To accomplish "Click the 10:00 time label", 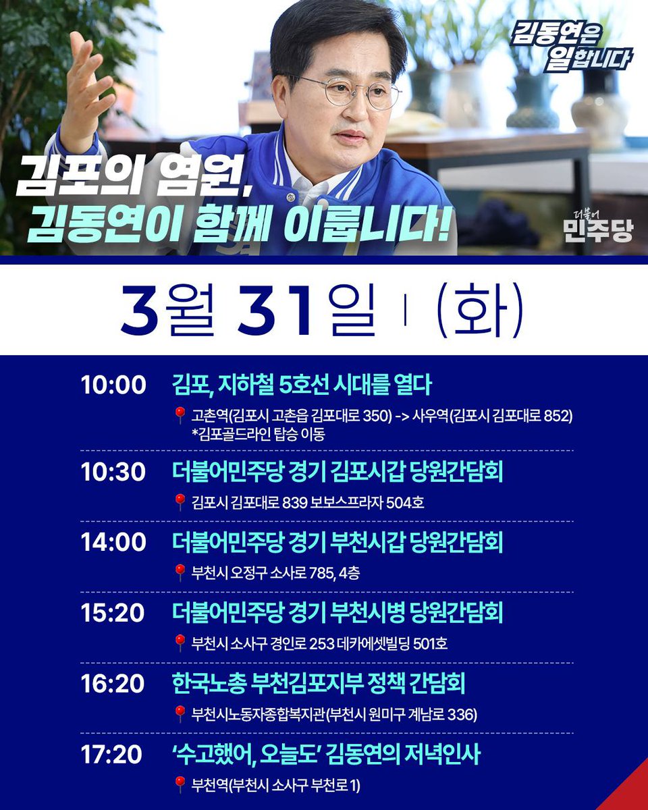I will point(113,385).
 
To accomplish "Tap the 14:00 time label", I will point(113,543).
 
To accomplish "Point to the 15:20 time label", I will point(113,614).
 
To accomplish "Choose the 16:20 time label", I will point(113,684).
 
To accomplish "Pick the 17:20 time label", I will point(112,755).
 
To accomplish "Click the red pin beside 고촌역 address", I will point(180,415).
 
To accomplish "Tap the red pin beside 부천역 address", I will point(180,784).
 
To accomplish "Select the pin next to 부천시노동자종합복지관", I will point(180,713).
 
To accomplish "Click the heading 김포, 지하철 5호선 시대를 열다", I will point(302,385).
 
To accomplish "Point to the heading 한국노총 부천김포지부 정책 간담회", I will point(319,684).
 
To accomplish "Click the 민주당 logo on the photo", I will point(599,226).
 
